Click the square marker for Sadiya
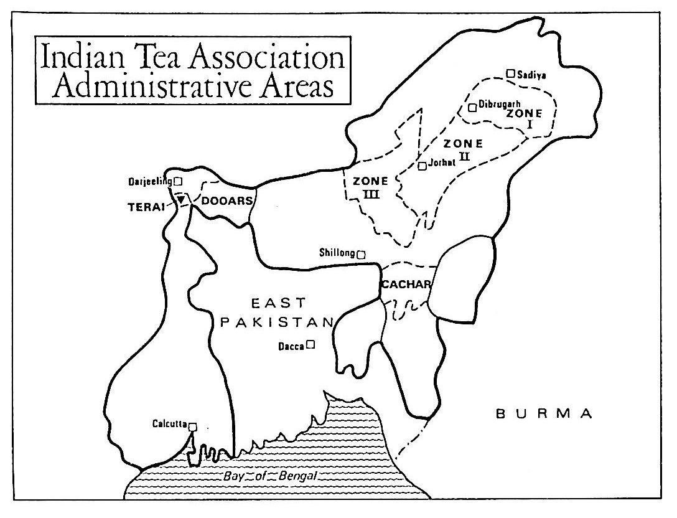click(x=510, y=73)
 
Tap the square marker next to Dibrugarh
click(x=472, y=108)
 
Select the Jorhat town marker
click(x=423, y=166)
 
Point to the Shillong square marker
click(x=361, y=254)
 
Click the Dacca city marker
click(x=310, y=343)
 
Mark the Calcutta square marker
click(x=193, y=426)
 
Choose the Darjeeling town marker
click(x=178, y=181)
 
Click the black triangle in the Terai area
click(x=181, y=200)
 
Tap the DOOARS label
click(x=222, y=200)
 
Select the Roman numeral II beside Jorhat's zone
click(x=464, y=155)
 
